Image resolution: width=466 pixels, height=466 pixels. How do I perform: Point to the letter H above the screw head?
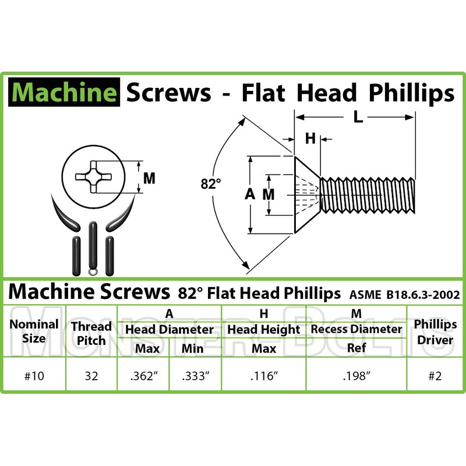click(x=310, y=139)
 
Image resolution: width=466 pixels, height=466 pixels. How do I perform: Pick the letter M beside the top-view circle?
click(x=149, y=178)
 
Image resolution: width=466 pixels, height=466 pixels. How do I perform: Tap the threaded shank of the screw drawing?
click(x=368, y=195)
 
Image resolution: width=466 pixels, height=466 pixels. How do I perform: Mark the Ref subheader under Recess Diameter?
click(x=355, y=349)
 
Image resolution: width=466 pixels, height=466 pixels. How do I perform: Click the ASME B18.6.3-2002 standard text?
click(x=406, y=294)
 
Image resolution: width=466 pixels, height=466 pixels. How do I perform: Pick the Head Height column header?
click(x=263, y=330)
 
